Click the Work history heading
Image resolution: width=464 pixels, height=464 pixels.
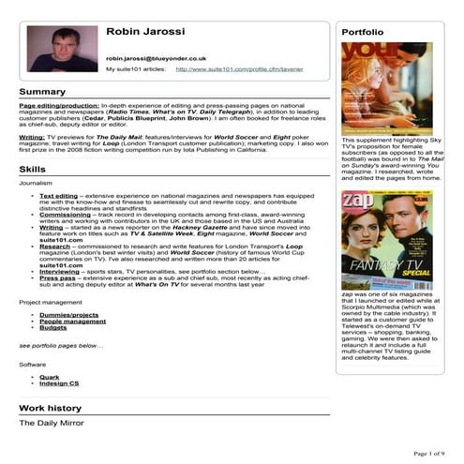click(52, 409)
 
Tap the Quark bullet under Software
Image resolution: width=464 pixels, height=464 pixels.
click(50, 376)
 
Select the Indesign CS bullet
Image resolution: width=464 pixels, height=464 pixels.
click(59, 382)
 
